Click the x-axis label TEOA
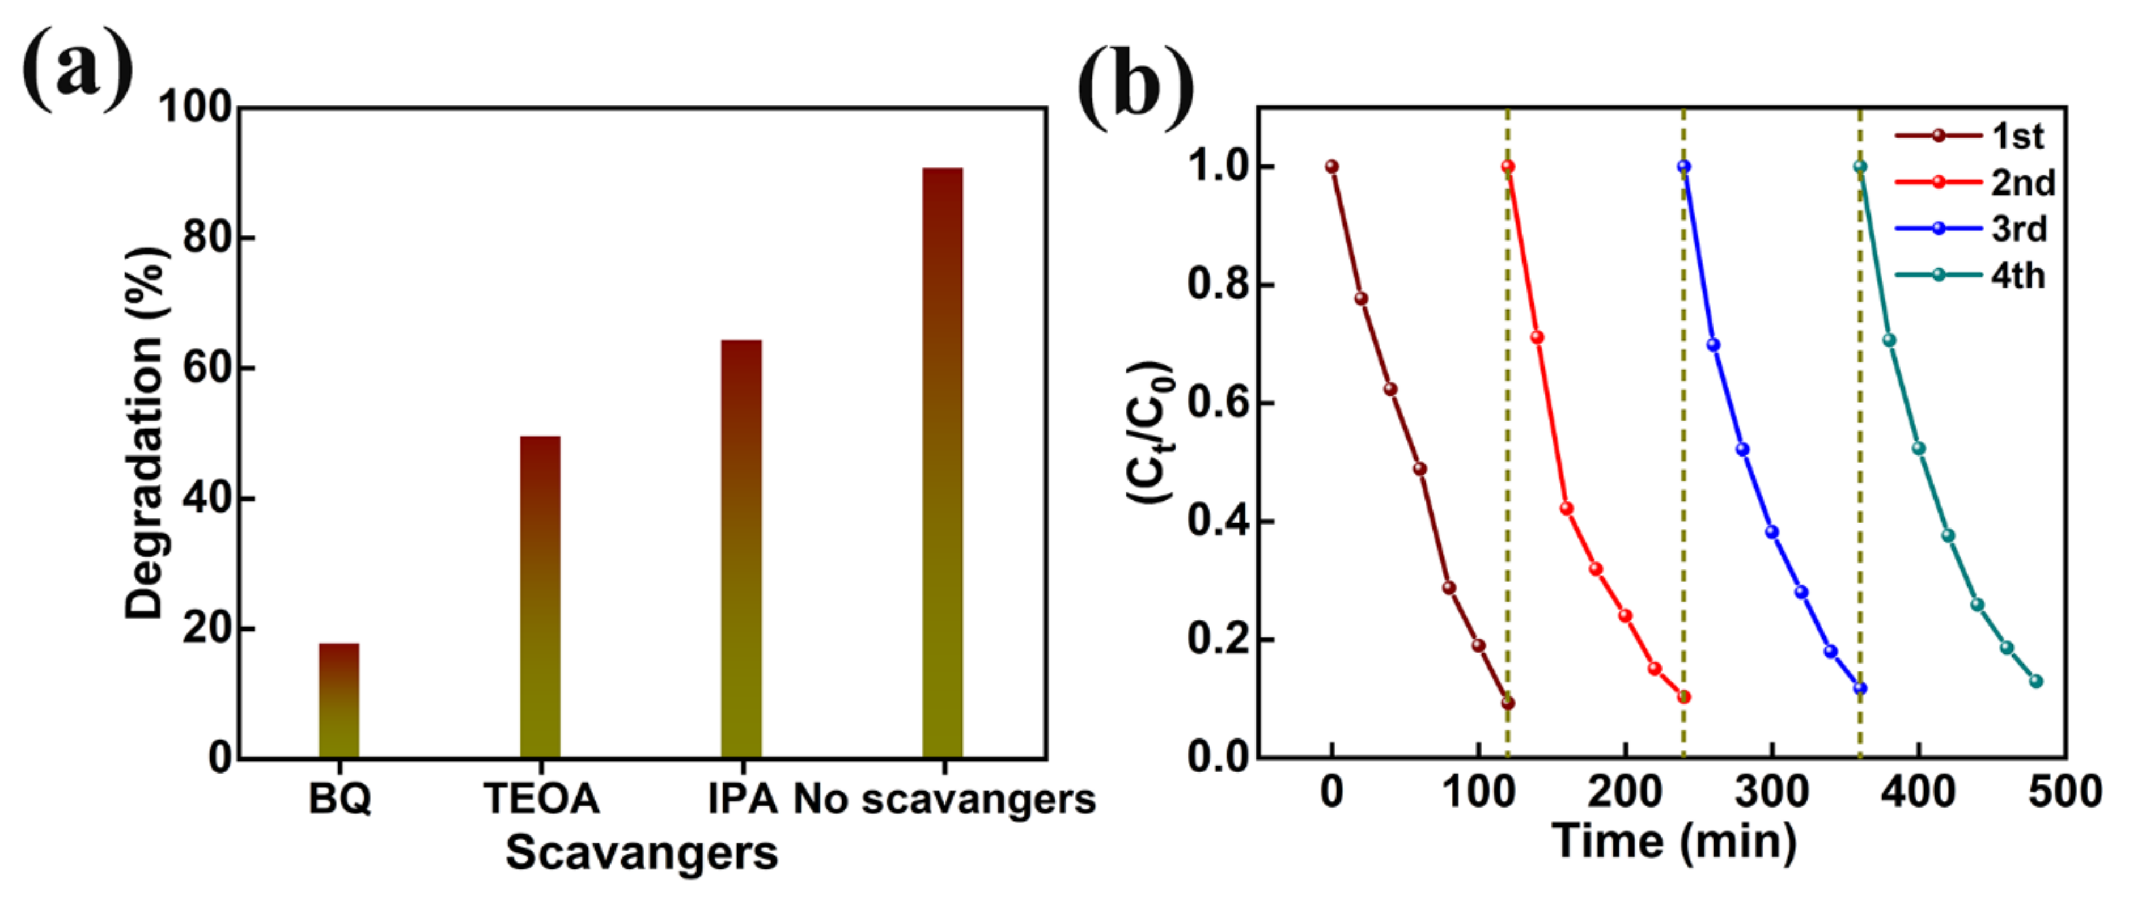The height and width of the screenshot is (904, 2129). point(541,798)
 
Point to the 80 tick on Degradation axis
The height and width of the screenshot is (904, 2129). point(206,238)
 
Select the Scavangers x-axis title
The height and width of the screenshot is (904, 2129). point(641,853)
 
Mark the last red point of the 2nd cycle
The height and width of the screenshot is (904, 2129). point(1683,697)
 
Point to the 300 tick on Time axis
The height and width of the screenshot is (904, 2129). point(1771,792)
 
